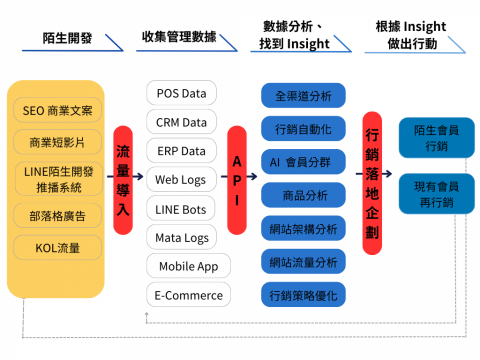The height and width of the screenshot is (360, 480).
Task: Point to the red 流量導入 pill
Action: [x=123, y=180]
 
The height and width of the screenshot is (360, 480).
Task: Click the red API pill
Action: [x=237, y=180]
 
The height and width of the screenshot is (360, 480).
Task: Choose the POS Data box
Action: [x=181, y=93]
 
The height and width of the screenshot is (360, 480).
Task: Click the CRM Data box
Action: [x=181, y=122]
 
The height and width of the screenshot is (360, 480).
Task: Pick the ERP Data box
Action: [x=181, y=151]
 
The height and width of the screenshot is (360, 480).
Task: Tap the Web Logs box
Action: [x=181, y=180]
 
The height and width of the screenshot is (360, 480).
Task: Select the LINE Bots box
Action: [x=181, y=209]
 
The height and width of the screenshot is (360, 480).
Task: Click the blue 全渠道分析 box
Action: [x=302, y=96]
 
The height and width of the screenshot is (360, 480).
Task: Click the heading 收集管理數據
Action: [x=178, y=37]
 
